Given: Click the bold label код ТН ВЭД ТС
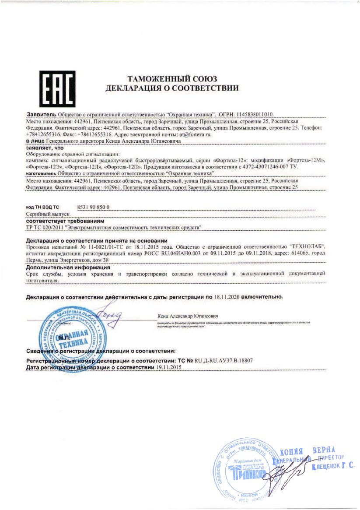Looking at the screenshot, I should (42, 207).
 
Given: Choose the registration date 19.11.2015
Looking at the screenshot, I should (168, 368).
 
